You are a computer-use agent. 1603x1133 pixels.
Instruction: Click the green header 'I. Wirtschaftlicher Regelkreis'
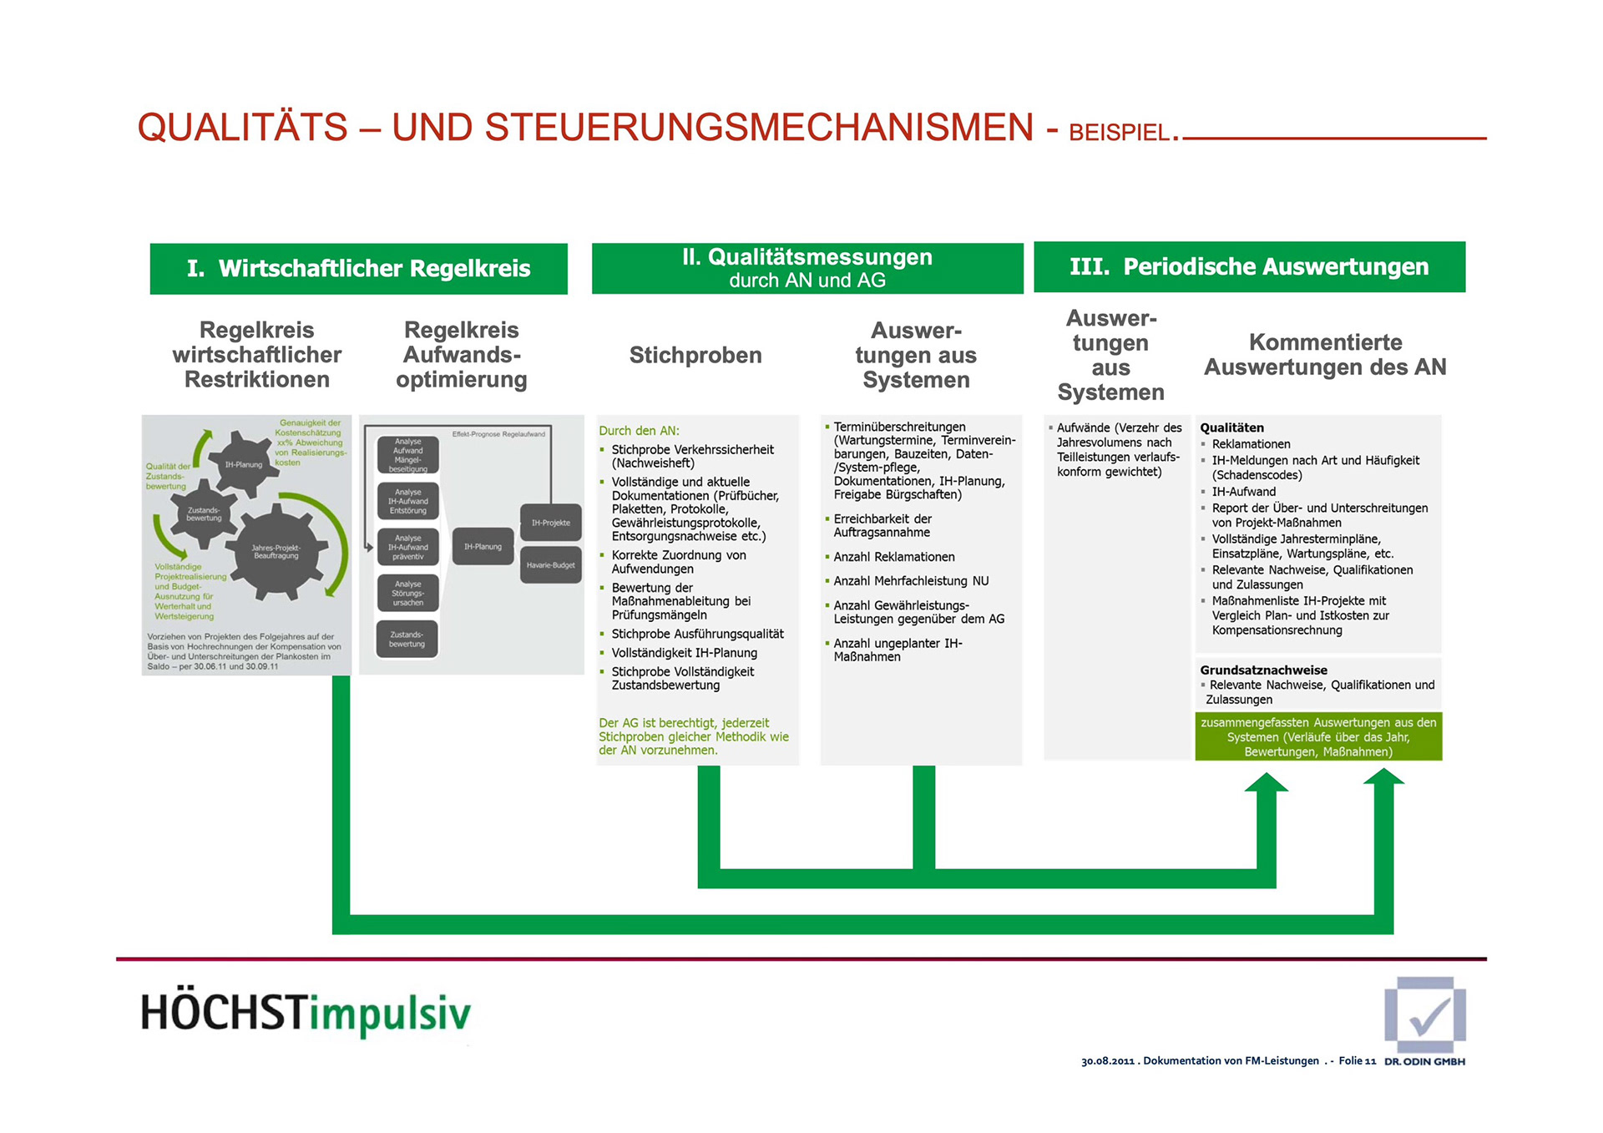coord(358,268)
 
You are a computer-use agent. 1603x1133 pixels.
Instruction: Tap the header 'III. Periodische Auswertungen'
coord(1249,266)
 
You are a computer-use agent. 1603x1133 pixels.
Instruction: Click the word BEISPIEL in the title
coord(1118,133)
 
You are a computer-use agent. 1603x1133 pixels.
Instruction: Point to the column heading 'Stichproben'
coord(695,356)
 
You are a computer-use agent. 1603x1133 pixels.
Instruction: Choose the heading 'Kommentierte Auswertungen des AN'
coord(1325,355)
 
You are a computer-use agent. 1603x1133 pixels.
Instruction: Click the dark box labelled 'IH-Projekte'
coord(551,523)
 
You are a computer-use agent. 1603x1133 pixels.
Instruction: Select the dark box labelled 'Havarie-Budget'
coord(551,565)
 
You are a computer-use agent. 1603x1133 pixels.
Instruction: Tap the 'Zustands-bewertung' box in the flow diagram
coord(407,640)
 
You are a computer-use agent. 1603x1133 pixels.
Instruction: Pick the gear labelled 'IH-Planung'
coord(243,464)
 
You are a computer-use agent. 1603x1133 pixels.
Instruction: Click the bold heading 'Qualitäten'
coord(1231,427)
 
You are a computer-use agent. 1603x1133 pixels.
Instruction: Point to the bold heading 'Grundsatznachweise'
coord(1263,670)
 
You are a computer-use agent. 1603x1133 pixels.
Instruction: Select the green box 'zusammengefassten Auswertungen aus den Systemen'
coord(1318,737)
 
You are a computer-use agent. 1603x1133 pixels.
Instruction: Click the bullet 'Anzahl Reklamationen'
coord(894,557)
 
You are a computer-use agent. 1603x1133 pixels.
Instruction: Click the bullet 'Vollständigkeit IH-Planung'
coord(684,653)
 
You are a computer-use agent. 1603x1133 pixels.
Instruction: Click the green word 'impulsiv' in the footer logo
coord(390,1014)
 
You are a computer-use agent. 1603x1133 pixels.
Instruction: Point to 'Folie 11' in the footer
coord(1357,1061)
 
